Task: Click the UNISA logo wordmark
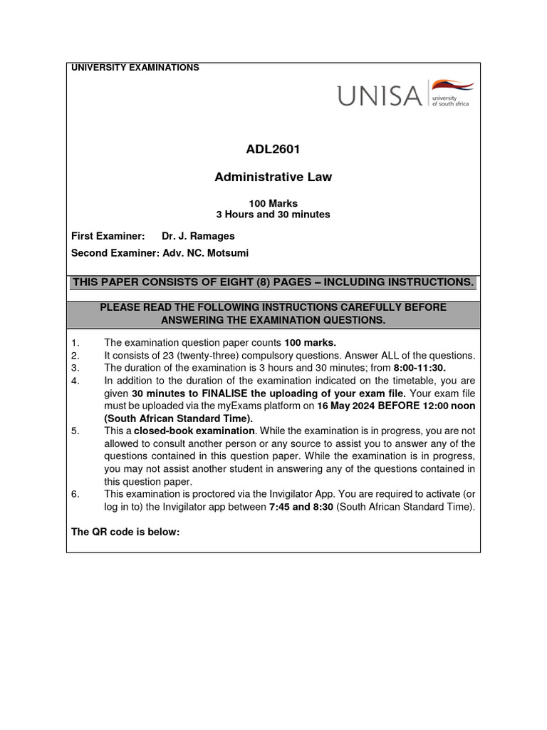(x=380, y=95)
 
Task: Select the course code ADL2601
(x=273, y=150)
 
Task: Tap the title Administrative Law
(x=273, y=177)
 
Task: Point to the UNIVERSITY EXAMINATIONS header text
(x=135, y=68)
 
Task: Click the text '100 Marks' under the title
(x=273, y=203)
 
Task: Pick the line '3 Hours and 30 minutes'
(x=273, y=214)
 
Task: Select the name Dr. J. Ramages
(x=198, y=236)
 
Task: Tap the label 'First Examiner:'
(x=108, y=236)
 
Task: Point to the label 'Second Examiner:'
(x=115, y=253)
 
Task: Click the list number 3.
(x=75, y=368)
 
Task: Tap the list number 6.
(x=75, y=493)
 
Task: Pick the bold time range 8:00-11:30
(x=420, y=368)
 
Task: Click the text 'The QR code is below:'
(x=125, y=531)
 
